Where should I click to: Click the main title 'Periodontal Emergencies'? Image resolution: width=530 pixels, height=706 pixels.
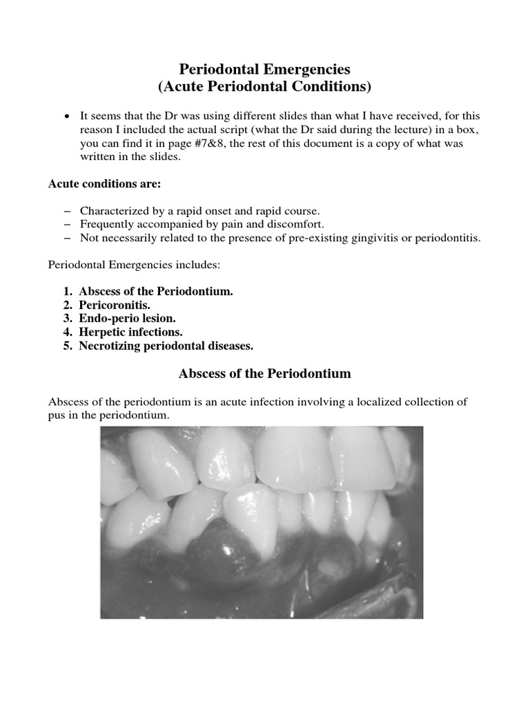265,70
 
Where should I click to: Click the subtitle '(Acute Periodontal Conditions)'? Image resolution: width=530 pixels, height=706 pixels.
265,87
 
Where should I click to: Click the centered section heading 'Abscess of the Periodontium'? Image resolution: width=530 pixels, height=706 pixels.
265,374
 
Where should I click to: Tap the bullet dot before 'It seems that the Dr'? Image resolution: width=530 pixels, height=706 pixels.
67,116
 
